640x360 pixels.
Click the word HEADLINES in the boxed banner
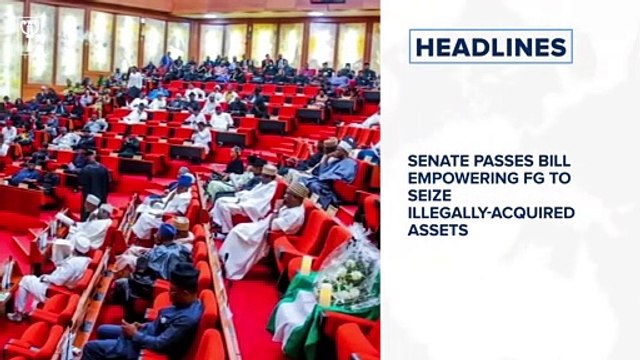coord(490,46)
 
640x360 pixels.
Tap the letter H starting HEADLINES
coord(424,46)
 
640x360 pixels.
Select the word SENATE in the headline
coord(436,159)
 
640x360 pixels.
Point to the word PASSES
coord(497,159)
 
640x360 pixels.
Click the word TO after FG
coord(557,177)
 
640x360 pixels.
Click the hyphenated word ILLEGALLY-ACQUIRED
coord(490,212)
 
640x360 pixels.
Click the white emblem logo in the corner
coord(27,25)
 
